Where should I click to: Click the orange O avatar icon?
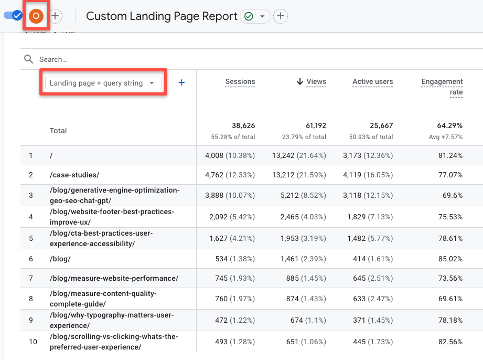(x=36, y=16)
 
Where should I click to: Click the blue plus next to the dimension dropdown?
(x=181, y=82)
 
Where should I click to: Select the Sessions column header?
(x=240, y=82)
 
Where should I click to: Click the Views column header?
(x=316, y=82)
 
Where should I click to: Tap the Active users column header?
(x=372, y=82)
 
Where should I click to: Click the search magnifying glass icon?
(x=29, y=59)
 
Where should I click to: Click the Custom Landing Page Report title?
(x=162, y=16)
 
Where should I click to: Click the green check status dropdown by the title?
(x=255, y=16)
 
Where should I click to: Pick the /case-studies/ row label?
(x=74, y=175)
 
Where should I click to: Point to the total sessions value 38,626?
(x=243, y=126)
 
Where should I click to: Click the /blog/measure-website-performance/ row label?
(x=114, y=278)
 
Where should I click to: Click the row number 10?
(x=33, y=342)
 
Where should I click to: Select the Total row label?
(x=58, y=131)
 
